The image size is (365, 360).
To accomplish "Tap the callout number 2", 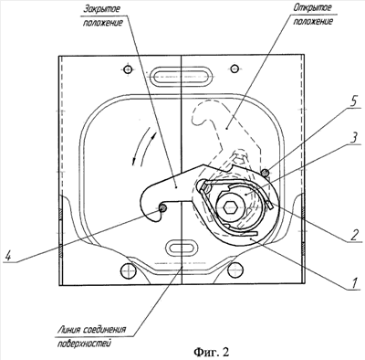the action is (x=352, y=234).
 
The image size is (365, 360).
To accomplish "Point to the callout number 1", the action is (x=354, y=282).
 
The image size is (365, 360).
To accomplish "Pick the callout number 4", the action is (x=8, y=255).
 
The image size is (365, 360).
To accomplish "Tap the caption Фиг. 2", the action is (x=211, y=352).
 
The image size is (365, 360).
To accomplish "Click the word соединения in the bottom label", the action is (x=106, y=330).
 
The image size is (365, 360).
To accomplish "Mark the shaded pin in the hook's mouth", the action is (x=163, y=208).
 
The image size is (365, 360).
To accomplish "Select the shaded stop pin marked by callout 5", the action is (x=266, y=173).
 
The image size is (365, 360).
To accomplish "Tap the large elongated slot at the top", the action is (x=181, y=75).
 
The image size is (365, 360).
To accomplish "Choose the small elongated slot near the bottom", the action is (x=182, y=247).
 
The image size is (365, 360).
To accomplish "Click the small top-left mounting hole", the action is (x=128, y=69).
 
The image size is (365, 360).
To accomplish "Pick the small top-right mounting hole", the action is (x=235, y=69).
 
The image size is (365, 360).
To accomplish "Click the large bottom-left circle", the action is (x=128, y=270).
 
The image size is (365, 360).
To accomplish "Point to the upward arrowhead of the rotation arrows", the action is (x=155, y=134).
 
